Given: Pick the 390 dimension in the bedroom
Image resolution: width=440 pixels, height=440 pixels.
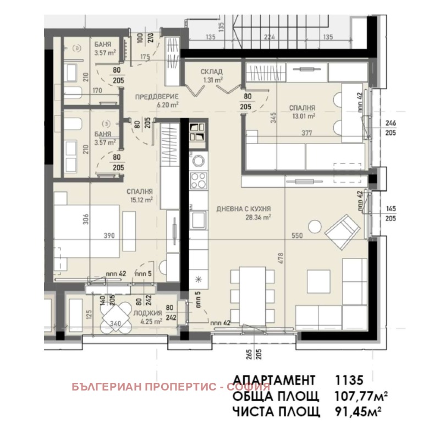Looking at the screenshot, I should tap(110, 235).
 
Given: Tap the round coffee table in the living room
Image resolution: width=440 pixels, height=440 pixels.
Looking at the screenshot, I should tap(314, 227).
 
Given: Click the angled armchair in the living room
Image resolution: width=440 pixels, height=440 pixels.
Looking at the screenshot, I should tap(343, 230).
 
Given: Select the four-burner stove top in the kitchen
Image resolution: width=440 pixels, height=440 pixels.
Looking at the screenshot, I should tap(198, 179).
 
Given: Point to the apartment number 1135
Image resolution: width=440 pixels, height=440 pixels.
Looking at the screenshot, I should tap(349, 380).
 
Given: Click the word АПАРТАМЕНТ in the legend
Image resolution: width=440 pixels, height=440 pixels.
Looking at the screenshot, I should tap(274, 380).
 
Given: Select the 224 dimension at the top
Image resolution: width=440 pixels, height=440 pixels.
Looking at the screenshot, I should tap(268, 37).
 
